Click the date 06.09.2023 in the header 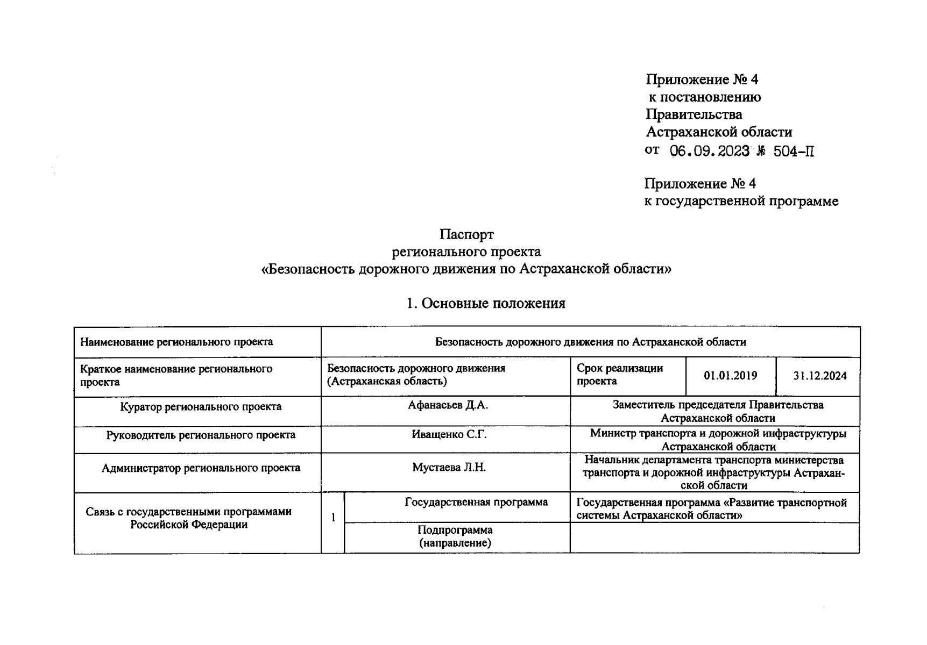(x=709, y=151)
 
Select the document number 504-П (x=794, y=152)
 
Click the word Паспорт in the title (x=466, y=234)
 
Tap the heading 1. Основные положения (x=485, y=304)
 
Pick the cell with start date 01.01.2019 (x=730, y=376)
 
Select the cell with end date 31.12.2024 (x=819, y=376)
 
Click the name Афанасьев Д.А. (x=447, y=405)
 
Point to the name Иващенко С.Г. (x=449, y=434)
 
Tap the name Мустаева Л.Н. (x=449, y=468)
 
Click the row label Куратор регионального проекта (x=200, y=407)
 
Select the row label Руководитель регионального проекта (x=200, y=435)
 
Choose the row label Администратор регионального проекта (x=201, y=468)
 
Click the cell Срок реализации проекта (x=619, y=375)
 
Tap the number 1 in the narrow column (x=333, y=518)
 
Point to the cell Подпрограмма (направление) (x=455, y=536)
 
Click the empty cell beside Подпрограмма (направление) (x=714, y=537)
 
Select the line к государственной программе (x=741, y=202)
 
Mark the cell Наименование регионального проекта (x=176, y=342)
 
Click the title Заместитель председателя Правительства (x=718, y=405)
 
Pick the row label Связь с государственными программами (x=188, y=512)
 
